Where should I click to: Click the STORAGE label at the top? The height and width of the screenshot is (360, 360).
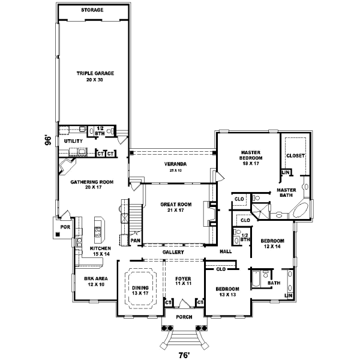pos(92,10)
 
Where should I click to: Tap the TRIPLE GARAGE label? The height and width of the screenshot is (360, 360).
pos(95,73)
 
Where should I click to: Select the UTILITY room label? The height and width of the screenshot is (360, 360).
pos(73,141)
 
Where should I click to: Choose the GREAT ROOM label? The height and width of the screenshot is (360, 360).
pos(175,205)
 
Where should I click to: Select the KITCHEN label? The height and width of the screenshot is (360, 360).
pos(100,248)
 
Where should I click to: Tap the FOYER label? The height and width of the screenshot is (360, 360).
pos(182,279)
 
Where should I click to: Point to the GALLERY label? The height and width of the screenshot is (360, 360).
pos(173,253)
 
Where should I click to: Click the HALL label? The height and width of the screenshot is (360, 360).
pos(226,251)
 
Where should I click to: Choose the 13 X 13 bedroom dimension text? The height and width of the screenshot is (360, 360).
pos(227,295)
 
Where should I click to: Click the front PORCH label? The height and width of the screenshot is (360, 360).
pos(183,317)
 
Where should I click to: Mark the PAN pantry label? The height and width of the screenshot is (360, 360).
pos(136,241)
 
